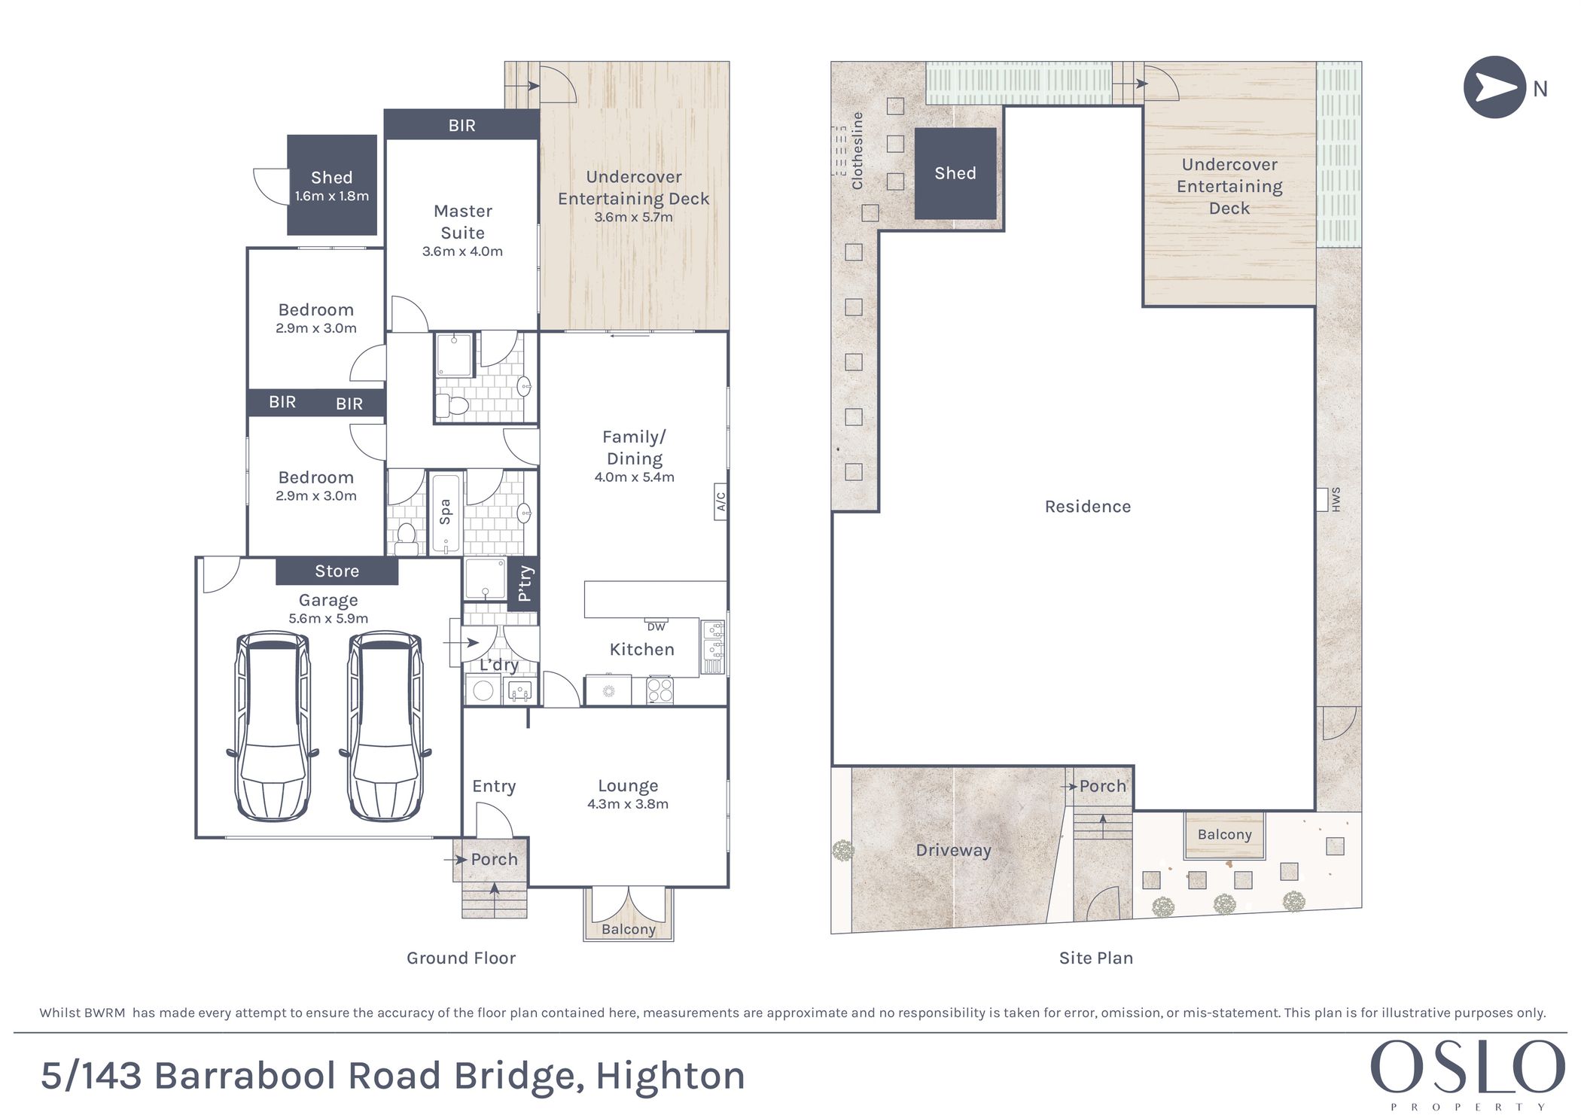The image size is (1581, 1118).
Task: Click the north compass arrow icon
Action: coord(1494,87)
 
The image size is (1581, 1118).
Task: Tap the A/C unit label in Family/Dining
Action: coord(720,501)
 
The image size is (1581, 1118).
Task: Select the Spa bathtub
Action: coord(445,514)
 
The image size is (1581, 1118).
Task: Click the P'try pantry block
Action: coord(524,583)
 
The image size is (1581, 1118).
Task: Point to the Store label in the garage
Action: coord(337,571)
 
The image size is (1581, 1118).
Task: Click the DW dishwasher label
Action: coord(656,626)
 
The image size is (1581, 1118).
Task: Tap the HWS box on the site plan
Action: coord(1322,500)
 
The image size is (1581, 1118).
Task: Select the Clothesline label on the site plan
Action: coord(857,151)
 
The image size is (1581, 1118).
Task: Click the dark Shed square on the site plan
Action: coord(955,174)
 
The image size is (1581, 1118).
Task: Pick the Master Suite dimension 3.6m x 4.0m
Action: coord(462,251)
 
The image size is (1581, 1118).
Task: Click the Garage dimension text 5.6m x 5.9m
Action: coord(328,619)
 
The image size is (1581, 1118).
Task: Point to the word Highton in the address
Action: coord(670,1076)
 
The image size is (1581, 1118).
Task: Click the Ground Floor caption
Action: coord(461,958)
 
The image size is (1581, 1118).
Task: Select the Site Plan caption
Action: coord(1095,958)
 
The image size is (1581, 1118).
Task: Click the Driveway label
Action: coord(953,851)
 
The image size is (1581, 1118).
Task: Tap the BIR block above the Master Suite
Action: coord(462,125)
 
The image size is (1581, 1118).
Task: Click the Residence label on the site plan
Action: coord(1088,507)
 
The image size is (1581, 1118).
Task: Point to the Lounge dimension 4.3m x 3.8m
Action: coord(628,804)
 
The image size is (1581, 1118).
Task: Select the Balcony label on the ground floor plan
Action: coord(629,930)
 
